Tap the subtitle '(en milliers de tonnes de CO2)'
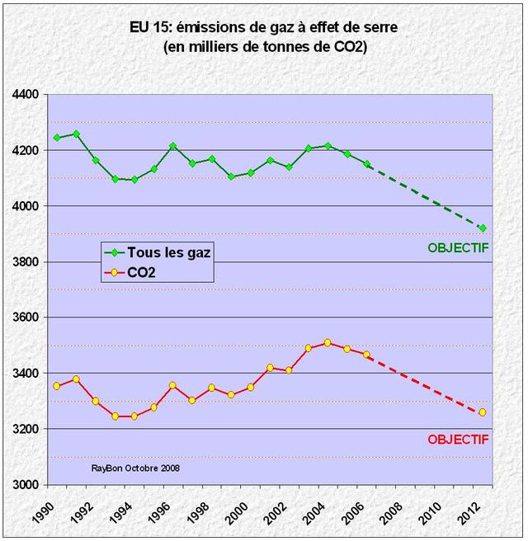(264, 48)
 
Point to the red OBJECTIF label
(458, 440)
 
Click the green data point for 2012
(483, 228)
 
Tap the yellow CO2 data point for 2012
(483, 412)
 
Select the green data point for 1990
(57, 138)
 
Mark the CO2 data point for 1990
(57, 386)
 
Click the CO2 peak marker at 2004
(328, 342)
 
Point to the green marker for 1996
(172, 146)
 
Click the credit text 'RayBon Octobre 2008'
(136, 468)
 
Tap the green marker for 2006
(366, 164)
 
